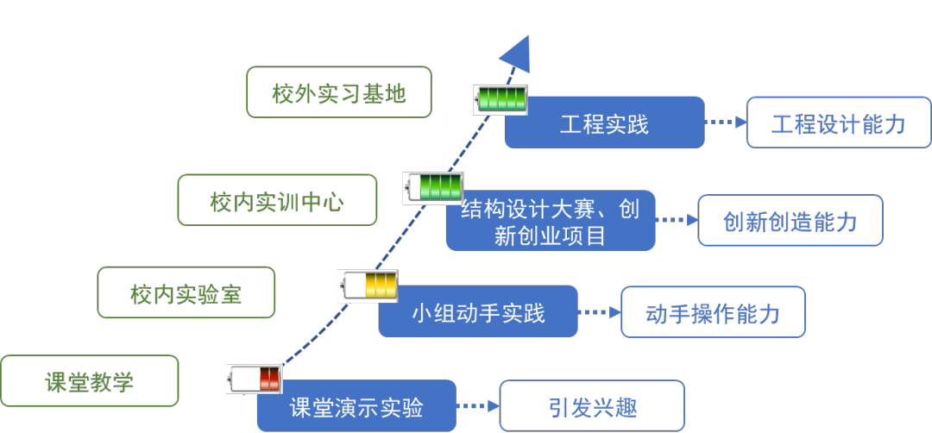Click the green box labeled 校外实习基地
click(338, 92)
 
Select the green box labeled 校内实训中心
click(277, 200)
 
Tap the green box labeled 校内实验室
click(186, 293)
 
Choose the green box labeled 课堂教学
click(90, 381)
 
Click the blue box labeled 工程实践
click(604, 123)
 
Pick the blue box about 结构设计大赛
click(550, 221)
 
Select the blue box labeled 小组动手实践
click(478, 311)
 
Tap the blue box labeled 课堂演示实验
click(356, 406)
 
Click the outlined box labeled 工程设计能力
click(838, 122)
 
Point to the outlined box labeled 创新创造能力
click(790, 221)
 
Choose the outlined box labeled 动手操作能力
click(713, 312)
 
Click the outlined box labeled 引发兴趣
click(592, 406)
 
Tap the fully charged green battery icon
click(501, 98)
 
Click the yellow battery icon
click(368, 285)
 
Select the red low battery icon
click(255, 379)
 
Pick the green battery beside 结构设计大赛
click(433, 187)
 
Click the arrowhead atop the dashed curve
click(518, 53)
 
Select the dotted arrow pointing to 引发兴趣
click(478, 405)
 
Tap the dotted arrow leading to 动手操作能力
click(600, 312)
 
